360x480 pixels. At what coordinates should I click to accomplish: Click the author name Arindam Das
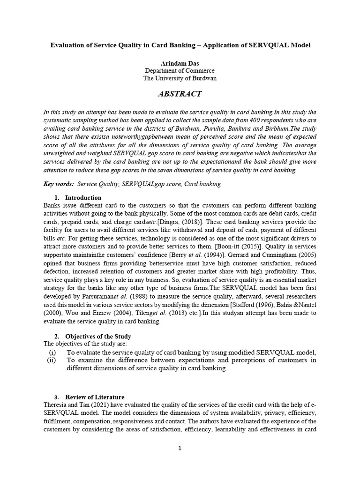(x=180, y=62)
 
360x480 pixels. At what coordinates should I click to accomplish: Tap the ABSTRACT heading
(x=180, y=94)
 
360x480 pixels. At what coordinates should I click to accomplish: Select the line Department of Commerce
(x=180, y=70)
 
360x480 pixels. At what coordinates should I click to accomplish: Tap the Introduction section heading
(x=83, y=198)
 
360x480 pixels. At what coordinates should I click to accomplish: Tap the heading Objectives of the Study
(x=98, y=337)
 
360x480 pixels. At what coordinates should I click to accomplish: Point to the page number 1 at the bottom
(x=180, y=448)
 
